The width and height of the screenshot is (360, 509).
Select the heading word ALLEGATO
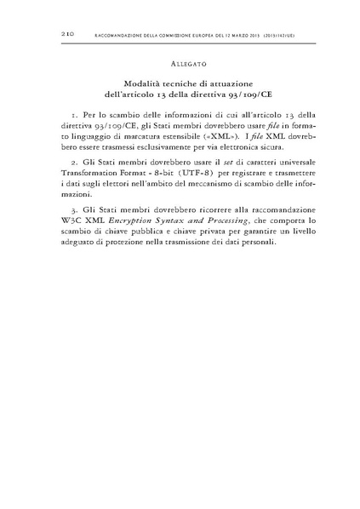[x=180, y=64]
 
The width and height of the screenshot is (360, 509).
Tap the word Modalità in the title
[x=141, y=85]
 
